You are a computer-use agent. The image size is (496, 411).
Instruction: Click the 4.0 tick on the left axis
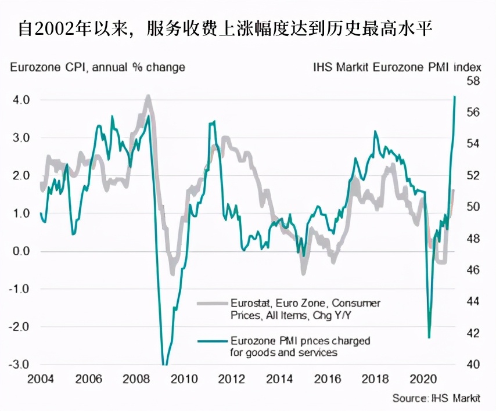coord(20,100)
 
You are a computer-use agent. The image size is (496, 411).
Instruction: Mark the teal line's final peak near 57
coord(454,96)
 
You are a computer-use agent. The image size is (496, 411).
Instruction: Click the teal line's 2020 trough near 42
coord(429,337)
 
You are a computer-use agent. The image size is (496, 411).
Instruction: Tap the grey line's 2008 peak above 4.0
coord(148,96)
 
